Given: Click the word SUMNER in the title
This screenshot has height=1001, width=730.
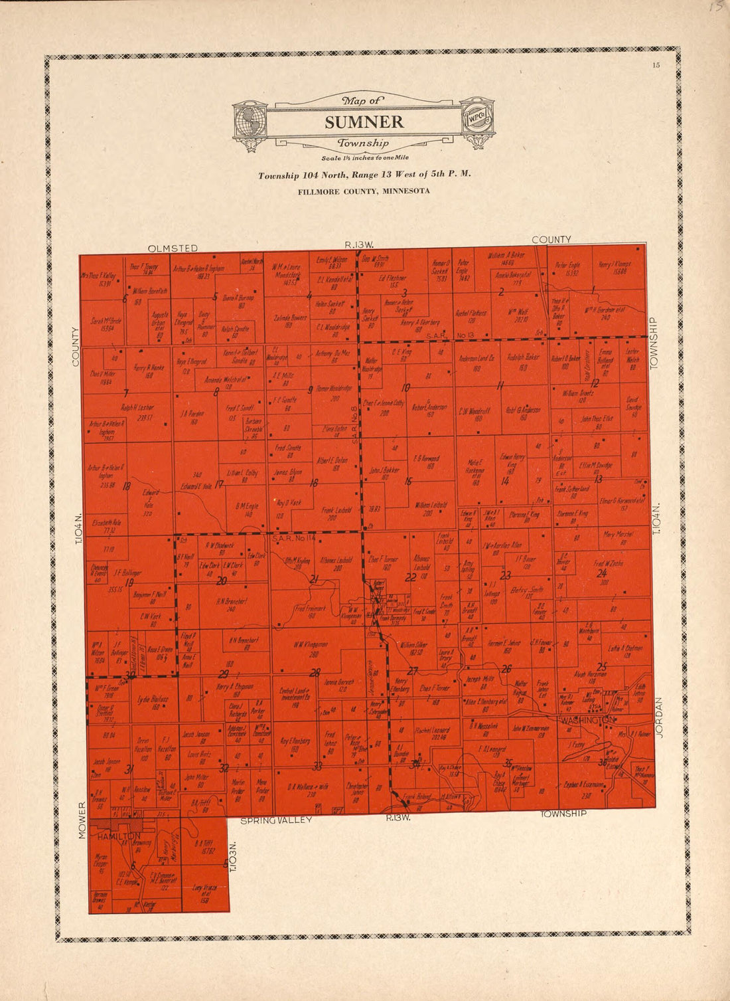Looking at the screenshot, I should pyautogui.click(x=364, y=122).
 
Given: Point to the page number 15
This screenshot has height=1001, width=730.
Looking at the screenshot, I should pyautogui.click(x=656, y=64).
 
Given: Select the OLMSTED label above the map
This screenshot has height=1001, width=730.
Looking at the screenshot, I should pyautogui.click(x=173, y=248).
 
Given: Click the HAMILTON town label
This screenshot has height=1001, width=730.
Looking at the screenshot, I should pyautogui.click(x=119, y=836).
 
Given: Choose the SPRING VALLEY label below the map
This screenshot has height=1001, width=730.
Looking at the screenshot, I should pyautogui.click(x=276, y=821).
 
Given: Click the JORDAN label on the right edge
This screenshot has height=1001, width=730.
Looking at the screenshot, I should pyautogui.click(x=660, y=717).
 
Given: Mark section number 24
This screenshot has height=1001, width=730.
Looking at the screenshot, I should pyautogui.click(x=602, y=573).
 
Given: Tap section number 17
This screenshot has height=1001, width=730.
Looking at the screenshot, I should pyautogui.click(x=218, y=484).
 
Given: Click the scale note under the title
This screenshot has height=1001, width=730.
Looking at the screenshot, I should pyautogui.click(x=364, y=158).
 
